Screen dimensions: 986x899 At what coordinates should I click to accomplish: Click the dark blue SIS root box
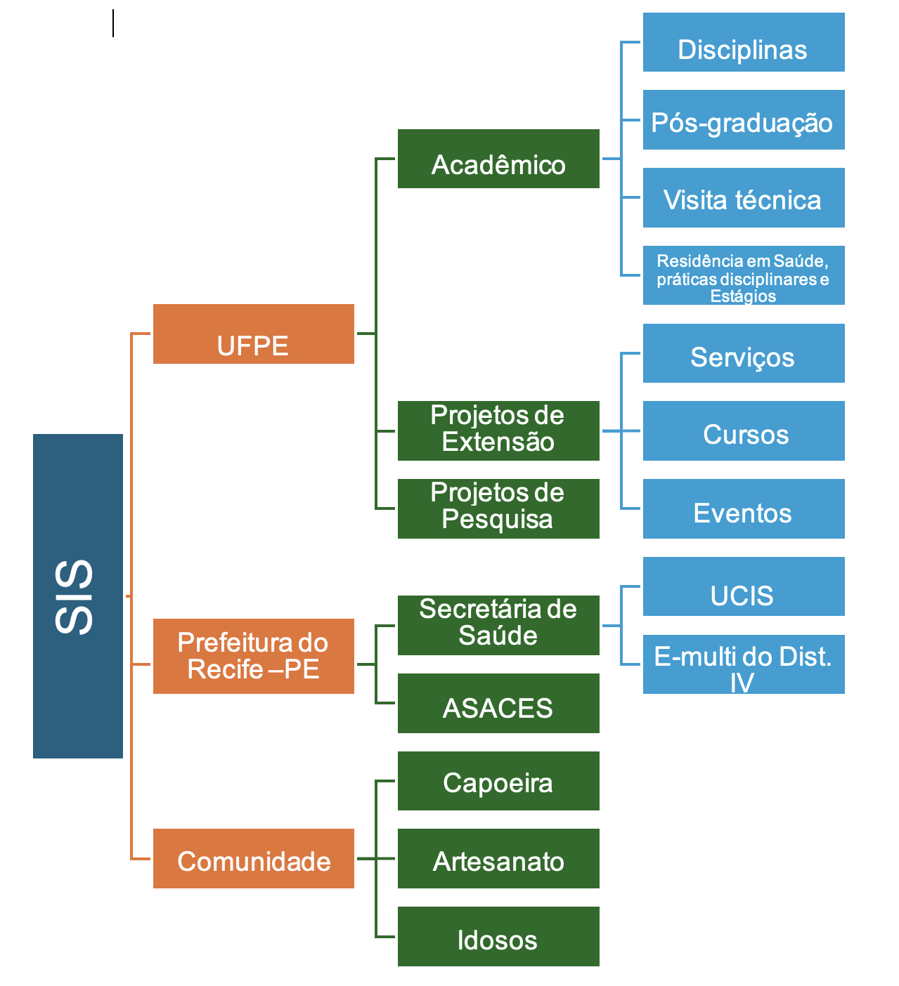[78, 596]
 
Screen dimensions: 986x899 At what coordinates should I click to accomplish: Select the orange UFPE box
[253, 334]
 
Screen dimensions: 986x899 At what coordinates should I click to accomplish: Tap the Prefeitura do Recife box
[253, 656]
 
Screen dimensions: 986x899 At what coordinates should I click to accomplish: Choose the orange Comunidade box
[253, 858]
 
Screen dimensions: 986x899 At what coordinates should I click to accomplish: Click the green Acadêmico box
[498, 159]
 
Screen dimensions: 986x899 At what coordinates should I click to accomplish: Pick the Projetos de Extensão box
[498, 430]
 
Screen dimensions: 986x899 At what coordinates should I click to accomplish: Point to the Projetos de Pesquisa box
[498, 508]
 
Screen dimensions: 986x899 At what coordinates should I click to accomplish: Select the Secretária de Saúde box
[498, 625]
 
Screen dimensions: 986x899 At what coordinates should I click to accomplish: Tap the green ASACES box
[498, 703]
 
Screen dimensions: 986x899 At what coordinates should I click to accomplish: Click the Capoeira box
[498, 781]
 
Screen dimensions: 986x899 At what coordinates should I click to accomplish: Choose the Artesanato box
[498, 858]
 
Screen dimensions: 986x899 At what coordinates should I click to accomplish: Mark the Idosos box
[498, 936]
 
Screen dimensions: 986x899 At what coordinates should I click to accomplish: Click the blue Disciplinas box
[744, 42]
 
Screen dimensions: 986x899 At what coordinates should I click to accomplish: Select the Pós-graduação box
[744, 119]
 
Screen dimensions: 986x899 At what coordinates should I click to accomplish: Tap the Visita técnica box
[744, 197]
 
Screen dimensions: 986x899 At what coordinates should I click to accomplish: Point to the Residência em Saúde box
[744, 275]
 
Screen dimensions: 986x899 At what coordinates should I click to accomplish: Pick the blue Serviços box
[744, 353]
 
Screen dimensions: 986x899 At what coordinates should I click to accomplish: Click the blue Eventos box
[744, 508]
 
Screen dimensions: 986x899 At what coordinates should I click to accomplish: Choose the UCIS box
[744, 586]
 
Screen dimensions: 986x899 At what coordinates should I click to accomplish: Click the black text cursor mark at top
[113, 23]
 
